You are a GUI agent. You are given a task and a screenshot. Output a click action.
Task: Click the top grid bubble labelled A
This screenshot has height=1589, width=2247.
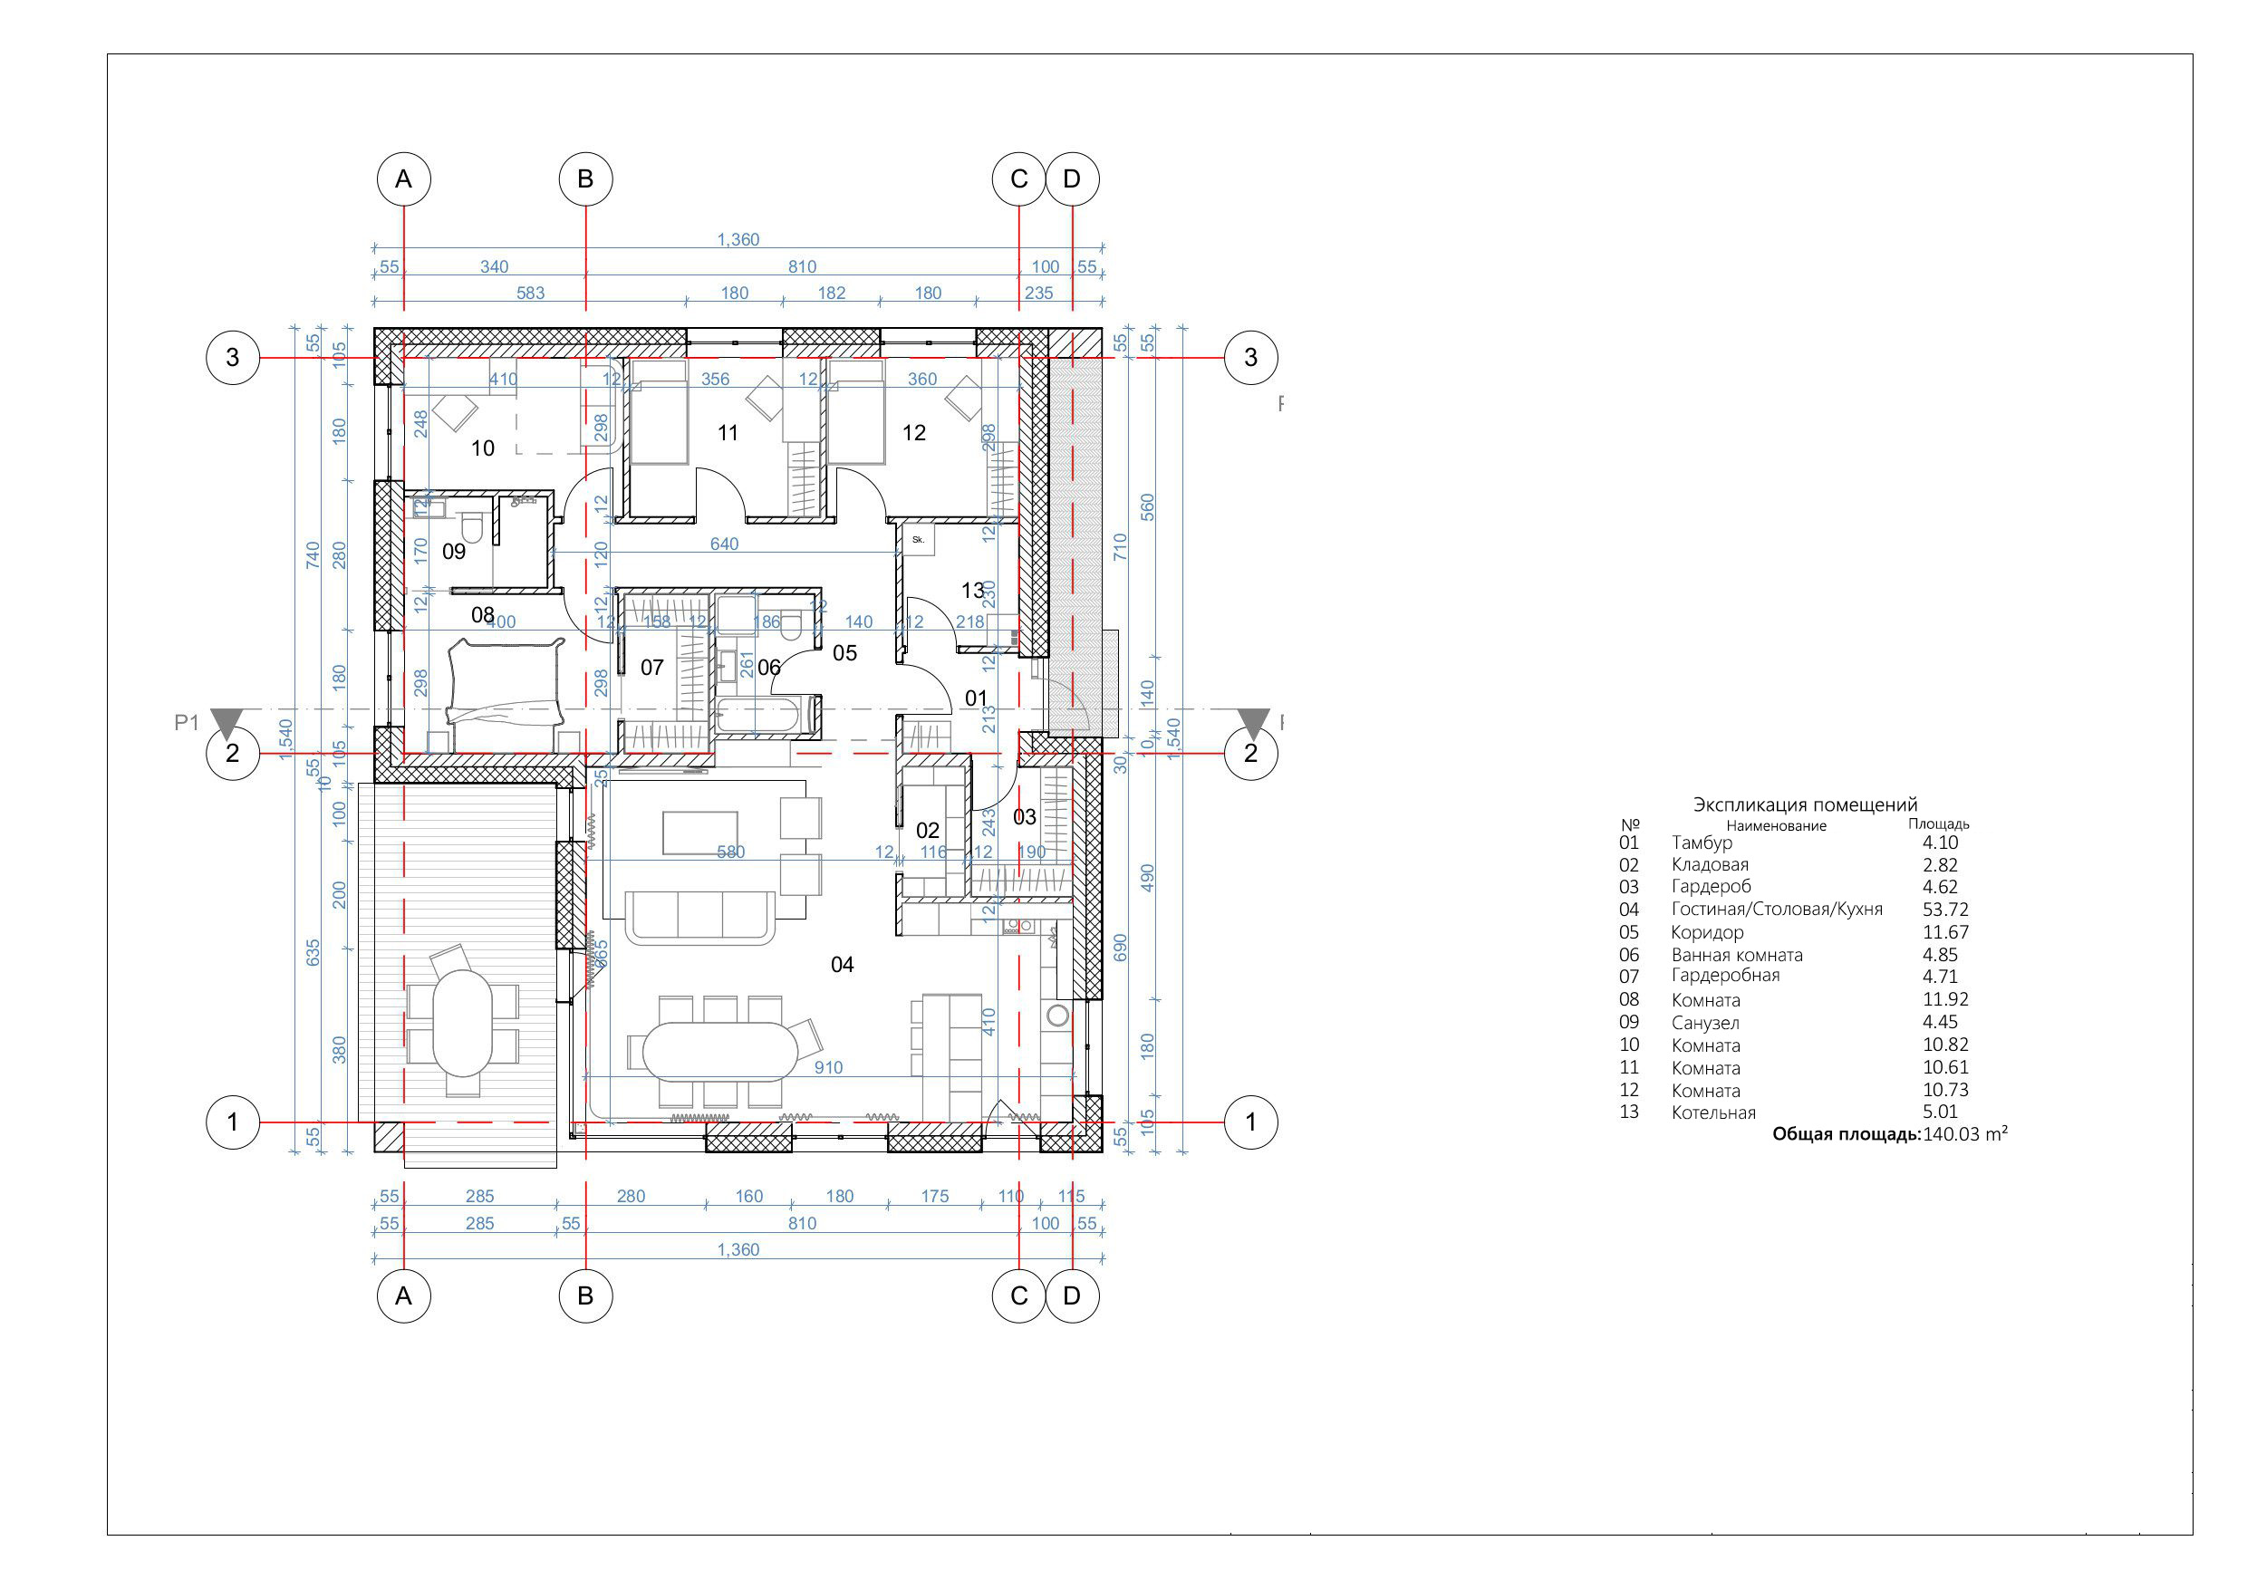point(403,179)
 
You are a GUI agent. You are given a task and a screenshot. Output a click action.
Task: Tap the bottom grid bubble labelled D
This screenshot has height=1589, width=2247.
point(1072,1296)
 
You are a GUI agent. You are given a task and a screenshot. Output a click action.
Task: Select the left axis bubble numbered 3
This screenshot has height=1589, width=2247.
point(232,357)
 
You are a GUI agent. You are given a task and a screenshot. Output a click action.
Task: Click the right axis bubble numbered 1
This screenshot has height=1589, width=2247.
point(1249,1122)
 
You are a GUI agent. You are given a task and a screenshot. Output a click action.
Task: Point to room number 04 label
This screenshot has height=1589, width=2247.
point(842,965)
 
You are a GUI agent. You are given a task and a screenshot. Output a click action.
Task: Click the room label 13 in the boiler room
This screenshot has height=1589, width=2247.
point(972,590)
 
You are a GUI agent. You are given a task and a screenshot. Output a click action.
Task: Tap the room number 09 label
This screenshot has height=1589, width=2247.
point(454,552)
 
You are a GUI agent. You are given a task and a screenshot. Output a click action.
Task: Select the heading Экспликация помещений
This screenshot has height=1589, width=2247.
point(1805,805)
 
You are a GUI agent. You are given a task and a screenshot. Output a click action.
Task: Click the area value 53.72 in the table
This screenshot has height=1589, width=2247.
point(1944,910)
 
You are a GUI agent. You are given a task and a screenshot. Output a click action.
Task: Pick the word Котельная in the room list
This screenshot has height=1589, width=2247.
point(1712,1112)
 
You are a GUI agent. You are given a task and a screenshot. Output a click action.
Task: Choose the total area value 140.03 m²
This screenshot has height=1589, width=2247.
point(1965,1135)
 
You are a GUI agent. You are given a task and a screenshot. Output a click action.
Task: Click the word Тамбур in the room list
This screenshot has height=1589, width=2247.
point(1701,843)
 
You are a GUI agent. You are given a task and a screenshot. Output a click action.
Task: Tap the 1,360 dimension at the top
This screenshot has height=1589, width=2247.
point(738,240)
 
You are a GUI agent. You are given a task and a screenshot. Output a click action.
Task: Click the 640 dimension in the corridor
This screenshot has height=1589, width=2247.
point(724,544)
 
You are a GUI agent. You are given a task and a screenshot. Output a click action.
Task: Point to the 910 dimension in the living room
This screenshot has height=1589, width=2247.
point(828,1067)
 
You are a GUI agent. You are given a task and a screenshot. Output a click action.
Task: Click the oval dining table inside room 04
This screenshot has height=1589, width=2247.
point(721,1052)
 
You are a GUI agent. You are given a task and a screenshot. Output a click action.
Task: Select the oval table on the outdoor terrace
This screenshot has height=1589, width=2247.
point(463,1022)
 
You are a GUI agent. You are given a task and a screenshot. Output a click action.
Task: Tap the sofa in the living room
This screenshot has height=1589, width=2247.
point(699,916)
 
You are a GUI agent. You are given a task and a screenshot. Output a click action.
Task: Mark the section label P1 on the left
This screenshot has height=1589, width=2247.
point(187,722)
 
